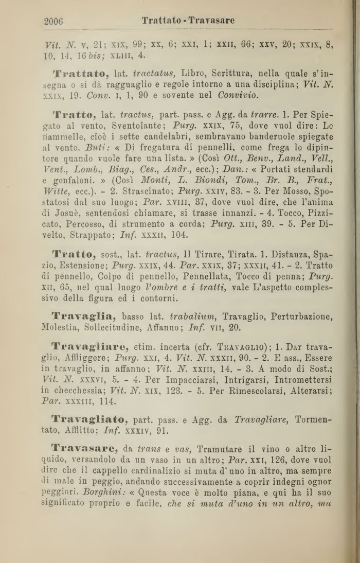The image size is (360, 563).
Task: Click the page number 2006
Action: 53,21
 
